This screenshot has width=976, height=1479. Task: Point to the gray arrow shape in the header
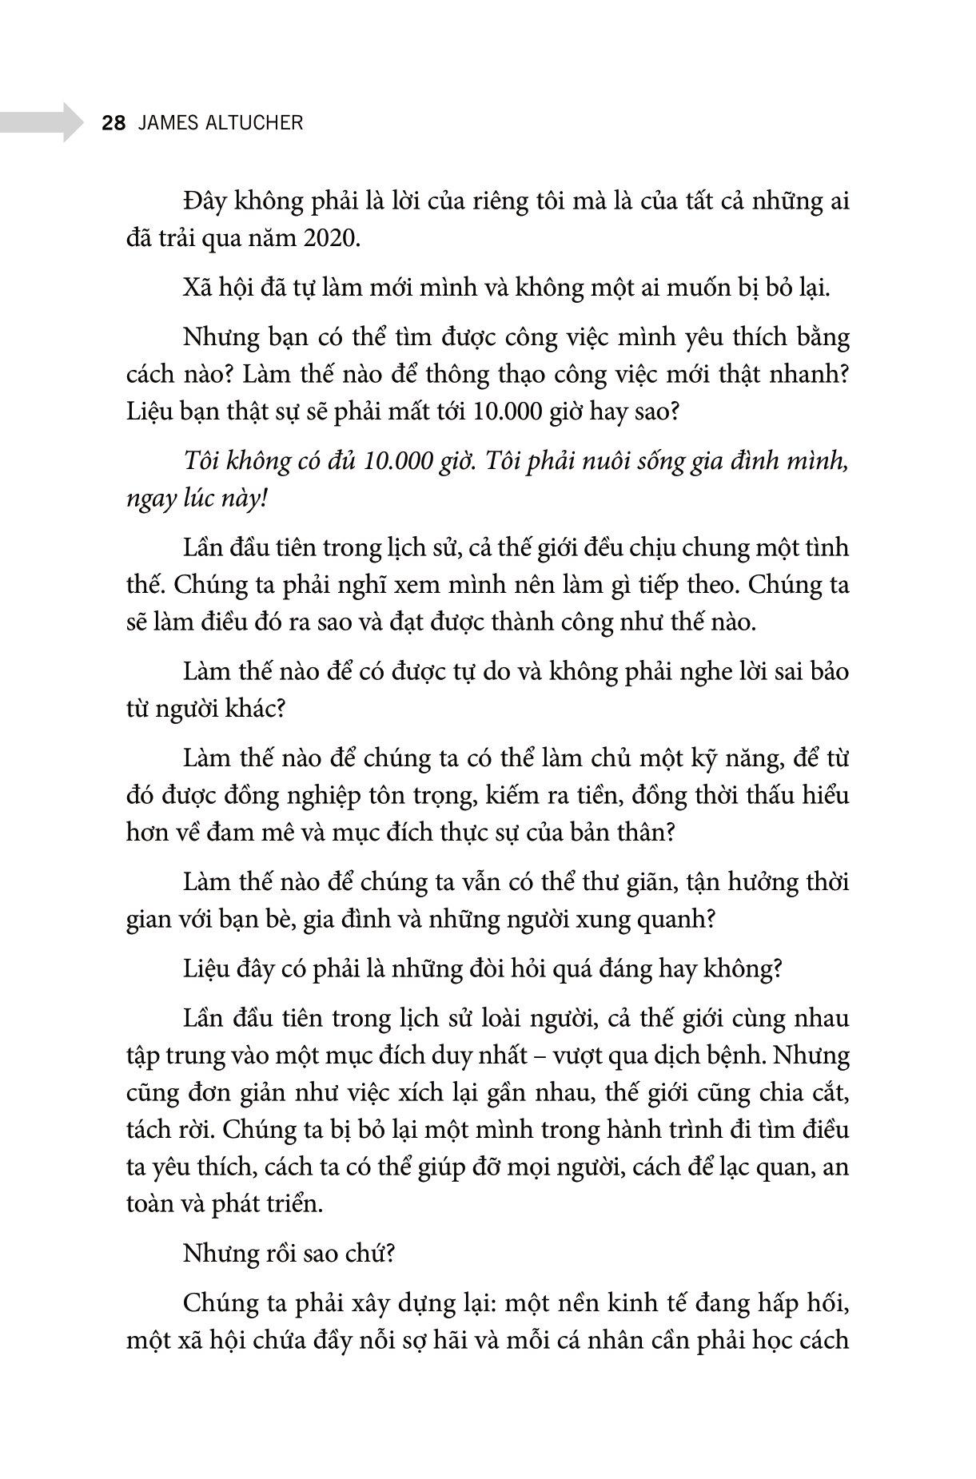point(41,122)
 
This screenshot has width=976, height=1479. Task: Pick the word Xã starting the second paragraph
point(197,288)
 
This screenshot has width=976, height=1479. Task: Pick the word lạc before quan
point(739,1167)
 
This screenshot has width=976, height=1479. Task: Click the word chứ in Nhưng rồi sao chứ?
point(370,1254)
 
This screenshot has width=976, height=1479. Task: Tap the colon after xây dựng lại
point(496,1304)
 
